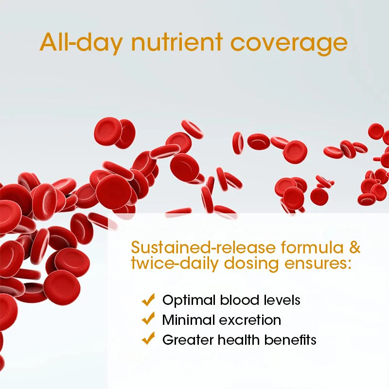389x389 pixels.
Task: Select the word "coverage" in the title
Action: tap(289, 42)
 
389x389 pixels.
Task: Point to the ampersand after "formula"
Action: tap(354, 248)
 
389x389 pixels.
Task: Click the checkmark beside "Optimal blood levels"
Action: tap(148, 300)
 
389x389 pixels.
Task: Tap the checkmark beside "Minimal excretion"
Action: tap(148, 319)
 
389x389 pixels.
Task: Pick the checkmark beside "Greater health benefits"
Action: tap(148, 338)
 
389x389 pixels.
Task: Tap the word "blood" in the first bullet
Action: tap(232, 300)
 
